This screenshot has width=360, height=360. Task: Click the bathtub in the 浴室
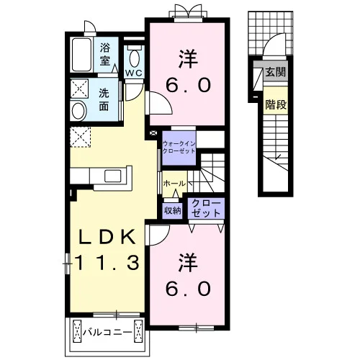[x=81, y=55]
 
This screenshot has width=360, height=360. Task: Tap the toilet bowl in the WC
[x=134, y=58]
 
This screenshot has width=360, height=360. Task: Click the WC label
[x=134, y=73]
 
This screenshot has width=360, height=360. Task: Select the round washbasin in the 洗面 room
[x=78, y=111]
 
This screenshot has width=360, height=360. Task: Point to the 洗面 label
[x=104, y=99]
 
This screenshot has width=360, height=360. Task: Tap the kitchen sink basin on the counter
[x=112, y=176]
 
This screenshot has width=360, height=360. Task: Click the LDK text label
[x=107, y=237]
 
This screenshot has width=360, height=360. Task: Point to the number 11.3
[x=107, y=262]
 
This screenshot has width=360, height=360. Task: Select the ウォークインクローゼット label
[x=179, y=148]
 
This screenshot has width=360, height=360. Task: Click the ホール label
[x=174, y=184]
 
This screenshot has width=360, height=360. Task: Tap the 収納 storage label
[x=173, y=210]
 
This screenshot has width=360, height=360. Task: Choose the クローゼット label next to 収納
[x=206, y=208]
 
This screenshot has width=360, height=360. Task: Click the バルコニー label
[x=107, y=333]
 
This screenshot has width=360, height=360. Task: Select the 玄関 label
[x=276, y=72]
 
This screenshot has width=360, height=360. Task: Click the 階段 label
[x=276, y=104]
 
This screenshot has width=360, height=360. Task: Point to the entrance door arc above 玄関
[x=271, y=42]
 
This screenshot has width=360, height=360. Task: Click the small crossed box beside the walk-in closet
[x=153, y=132]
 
